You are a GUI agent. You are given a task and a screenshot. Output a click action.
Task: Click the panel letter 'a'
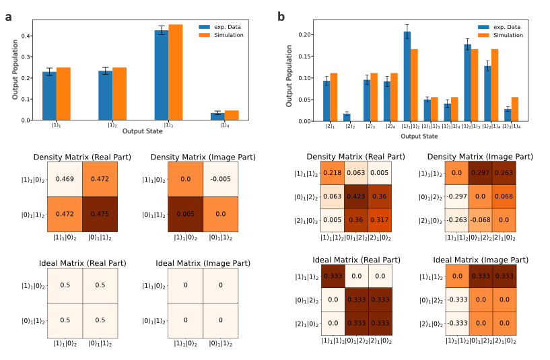(x=8, y=17)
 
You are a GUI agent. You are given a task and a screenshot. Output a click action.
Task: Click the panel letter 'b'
(x=281, y=17)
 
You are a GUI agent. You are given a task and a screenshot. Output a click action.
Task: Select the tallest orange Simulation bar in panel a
(x=176, y=72)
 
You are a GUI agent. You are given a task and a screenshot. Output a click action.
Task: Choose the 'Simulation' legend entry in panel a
(x=222, y=35)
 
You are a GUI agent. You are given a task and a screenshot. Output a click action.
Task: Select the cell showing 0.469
(x=64, y=178)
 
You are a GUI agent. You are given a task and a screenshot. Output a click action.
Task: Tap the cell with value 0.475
(x=100, y=214)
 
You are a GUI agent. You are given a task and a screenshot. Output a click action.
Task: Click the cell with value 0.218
(x=331, y=174)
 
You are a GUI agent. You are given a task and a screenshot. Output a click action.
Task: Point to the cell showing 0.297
(x=481, y=174)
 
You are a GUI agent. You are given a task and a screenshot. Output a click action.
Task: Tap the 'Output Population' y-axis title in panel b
(x=289, y=76)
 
